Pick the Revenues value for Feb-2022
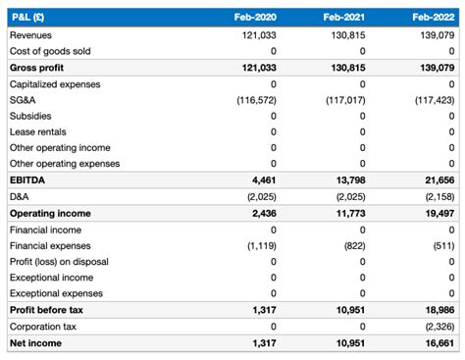pyautogui.click(x=433, y=35)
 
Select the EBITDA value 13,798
pyautogui.click(x=345, y=180)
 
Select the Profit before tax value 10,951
pyautogui.click(x=345, y=310)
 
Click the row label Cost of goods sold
pyautogui.click(x=50, y=51)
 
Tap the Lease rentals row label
pyautogui.click(x=38, y=131)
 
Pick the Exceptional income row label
pyautogui.click(x=52, y=278)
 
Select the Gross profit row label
pyautogui.click(x=37, y=68)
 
